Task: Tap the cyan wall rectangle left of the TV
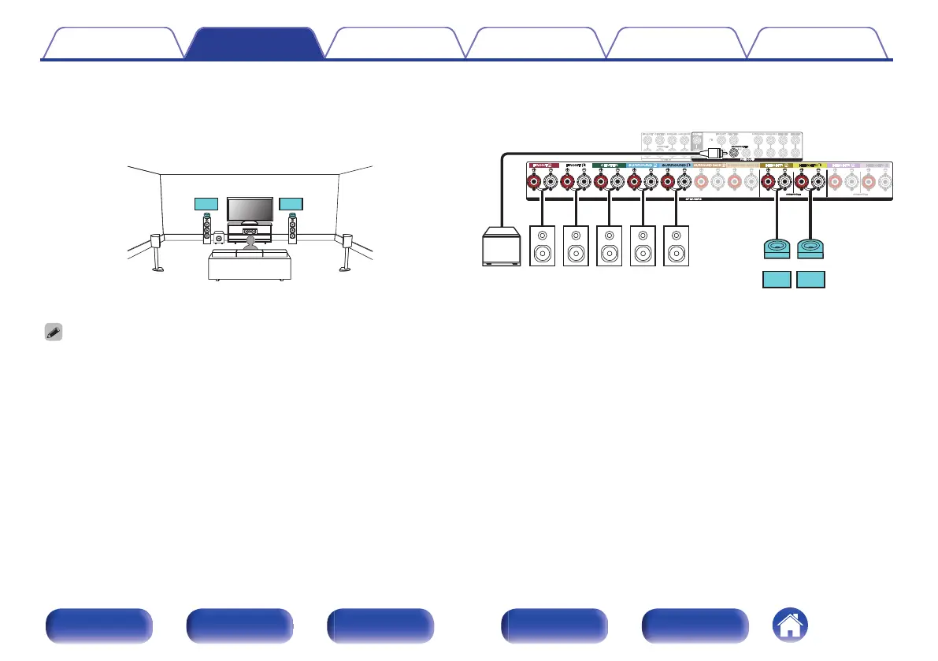205,205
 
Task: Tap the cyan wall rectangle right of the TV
291,205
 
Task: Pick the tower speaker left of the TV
207,228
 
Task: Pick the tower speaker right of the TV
293,228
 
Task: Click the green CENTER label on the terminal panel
608,166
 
